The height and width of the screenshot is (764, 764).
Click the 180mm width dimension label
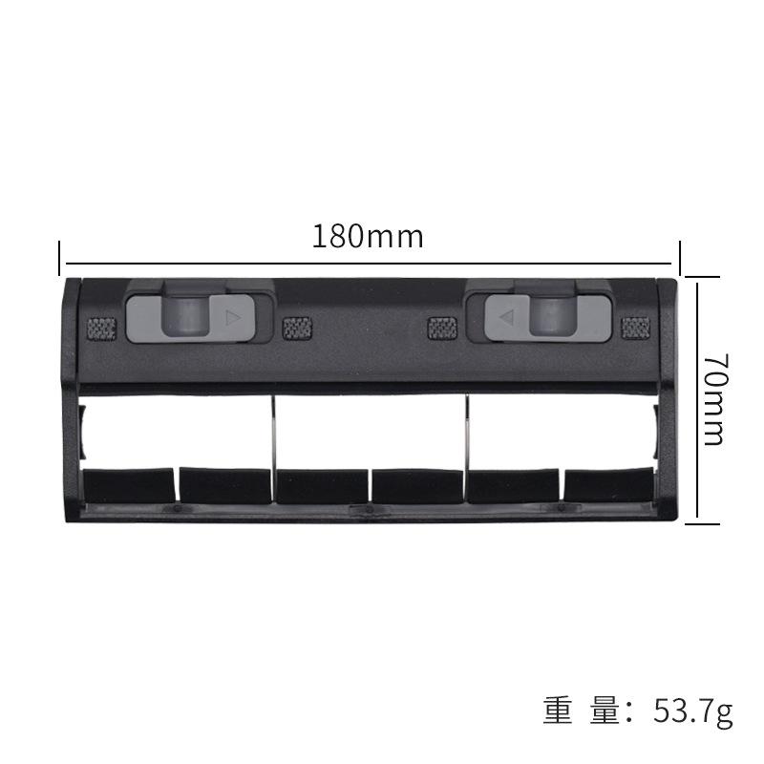point(368,236)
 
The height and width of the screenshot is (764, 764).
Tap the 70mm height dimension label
point(715,399)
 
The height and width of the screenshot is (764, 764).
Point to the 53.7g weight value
point(693,711)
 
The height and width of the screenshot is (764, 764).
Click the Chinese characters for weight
point(582,711)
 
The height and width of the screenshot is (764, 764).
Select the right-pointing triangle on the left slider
point(233,319)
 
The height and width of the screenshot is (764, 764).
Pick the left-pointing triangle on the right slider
point(507,318)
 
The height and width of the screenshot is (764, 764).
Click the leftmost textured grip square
point(101,329)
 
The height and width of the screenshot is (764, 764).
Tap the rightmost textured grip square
point(635,328)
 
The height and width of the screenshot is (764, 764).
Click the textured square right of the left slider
point(297,329)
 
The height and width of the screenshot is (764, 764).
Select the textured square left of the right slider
point(442,328)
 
